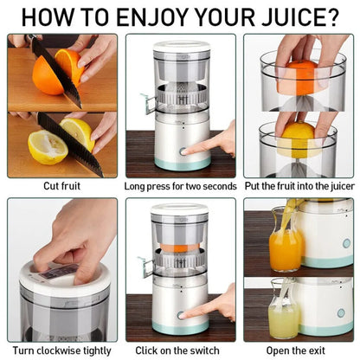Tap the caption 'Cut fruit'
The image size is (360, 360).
pyautogui.click(x=62, y=186)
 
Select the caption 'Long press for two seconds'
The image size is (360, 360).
pyautogui.click(x=180, y=186)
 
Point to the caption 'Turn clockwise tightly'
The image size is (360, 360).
pyautogui.click(x=62, y=350)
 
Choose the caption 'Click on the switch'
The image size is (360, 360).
pyautogui.click(x=180, y=350)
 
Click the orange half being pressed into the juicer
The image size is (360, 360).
pyautogui.click(x=299, y=74)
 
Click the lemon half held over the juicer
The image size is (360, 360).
pyautogui.click(x=297, y=138)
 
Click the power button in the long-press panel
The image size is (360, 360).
pyautogui.click(x=183, y=151)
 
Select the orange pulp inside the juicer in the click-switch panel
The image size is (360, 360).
pyautogui.click(x=180, y=247)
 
